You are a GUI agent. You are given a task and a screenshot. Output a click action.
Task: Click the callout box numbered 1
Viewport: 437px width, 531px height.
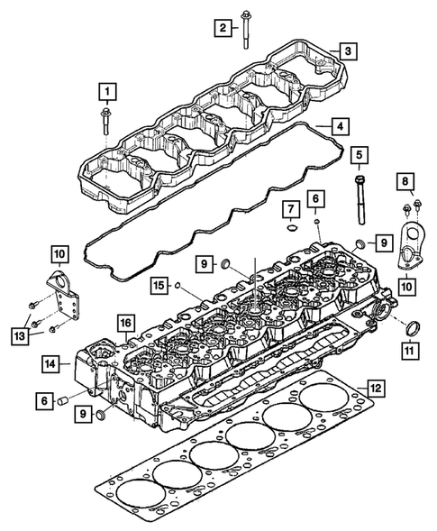click(107, 91)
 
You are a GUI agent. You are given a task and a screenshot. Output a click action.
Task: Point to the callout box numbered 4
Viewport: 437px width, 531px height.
click(337, 126)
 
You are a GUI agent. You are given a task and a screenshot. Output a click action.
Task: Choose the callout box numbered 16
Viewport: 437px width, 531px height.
click(124, 322)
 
